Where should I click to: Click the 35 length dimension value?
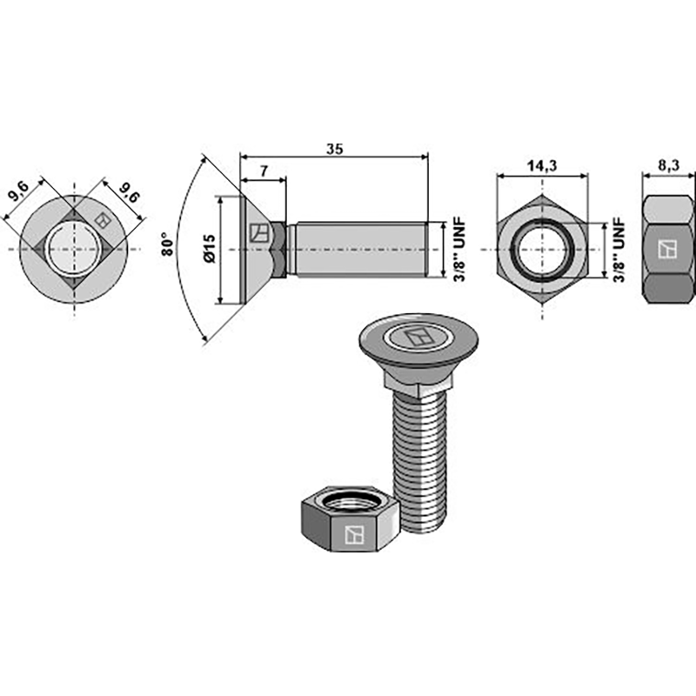[335, 148]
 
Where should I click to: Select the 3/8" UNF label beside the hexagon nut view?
[618, 250]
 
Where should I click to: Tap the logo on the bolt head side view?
[259, 233]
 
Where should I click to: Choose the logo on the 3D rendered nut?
[354, 534]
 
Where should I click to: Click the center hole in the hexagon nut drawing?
[541, 250]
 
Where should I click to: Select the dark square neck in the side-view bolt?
[279, 250]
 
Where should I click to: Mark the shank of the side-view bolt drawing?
[357, 250]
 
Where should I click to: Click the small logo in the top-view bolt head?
[103, 219]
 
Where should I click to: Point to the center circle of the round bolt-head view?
[73, 250]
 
